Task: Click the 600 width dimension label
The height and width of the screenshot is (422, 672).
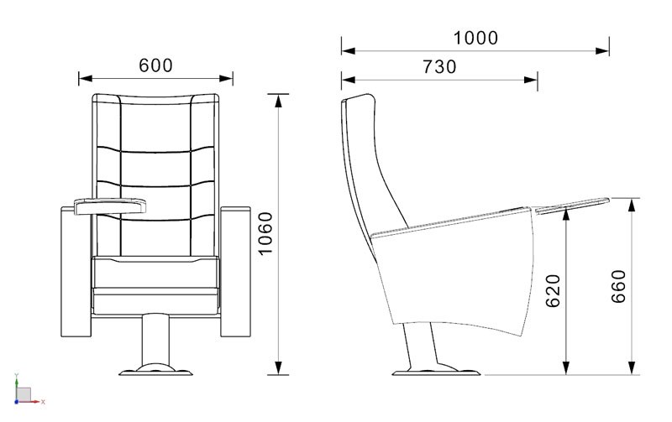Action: pyautogui.click(x=155, y=65)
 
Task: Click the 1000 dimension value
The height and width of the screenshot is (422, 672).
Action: pyautogui.click(x=475, y=38)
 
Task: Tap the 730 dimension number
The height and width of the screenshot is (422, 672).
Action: pyautogui.click(x=439, y=67)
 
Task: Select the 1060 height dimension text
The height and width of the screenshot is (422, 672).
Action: pyautogui.click(x=265, y=233)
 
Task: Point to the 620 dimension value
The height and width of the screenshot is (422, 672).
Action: pyautogui.click(x=554, y=291)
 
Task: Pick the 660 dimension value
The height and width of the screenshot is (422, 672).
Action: pyautogui.click(x=618, y=287)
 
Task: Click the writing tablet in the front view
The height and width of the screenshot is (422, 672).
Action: pyautogui.click(x=110, y=206)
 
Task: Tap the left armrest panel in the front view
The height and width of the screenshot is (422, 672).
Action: pyautogui.click(x=76, y=272)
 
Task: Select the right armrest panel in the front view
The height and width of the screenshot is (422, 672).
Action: pyautogui.click(x=235, y=272)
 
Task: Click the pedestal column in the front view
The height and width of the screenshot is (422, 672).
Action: pyautogui.click(x=155, y=341)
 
